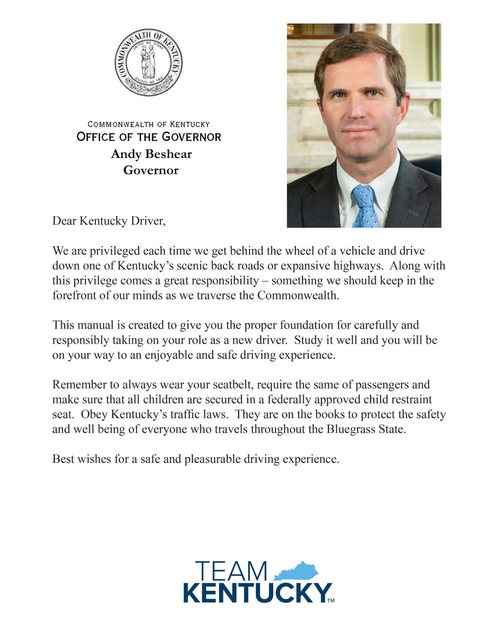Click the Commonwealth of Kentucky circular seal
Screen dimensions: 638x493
(x=148, y=62)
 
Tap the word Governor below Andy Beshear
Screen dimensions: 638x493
(x=151, y=170)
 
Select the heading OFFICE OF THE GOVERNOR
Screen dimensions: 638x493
(x=149, y=137)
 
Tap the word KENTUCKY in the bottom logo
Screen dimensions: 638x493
(x=257, y=593)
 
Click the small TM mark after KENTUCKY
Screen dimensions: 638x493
(x=331, y=601)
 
